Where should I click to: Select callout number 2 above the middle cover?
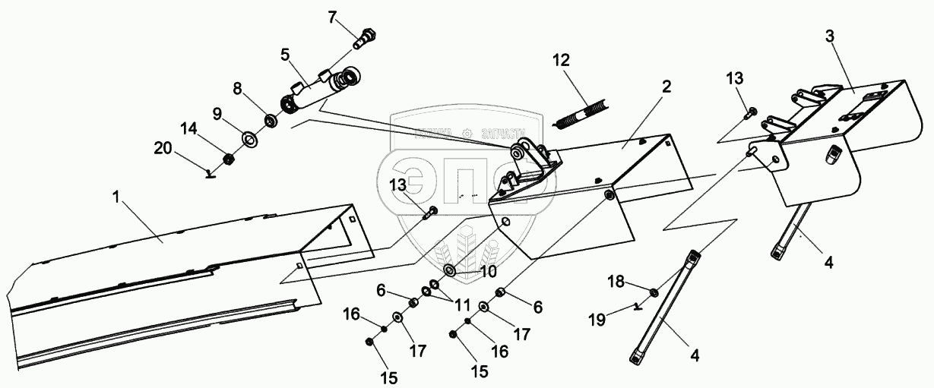click(666, 86)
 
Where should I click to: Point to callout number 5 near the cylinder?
click(285, 54)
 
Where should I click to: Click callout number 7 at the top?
click(332, 16)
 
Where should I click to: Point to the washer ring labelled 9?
click(249, 140)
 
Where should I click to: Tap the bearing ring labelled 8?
click(270, 120)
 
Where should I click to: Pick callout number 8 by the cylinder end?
click(237, 89)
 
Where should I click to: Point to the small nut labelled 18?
click(654, 292)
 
